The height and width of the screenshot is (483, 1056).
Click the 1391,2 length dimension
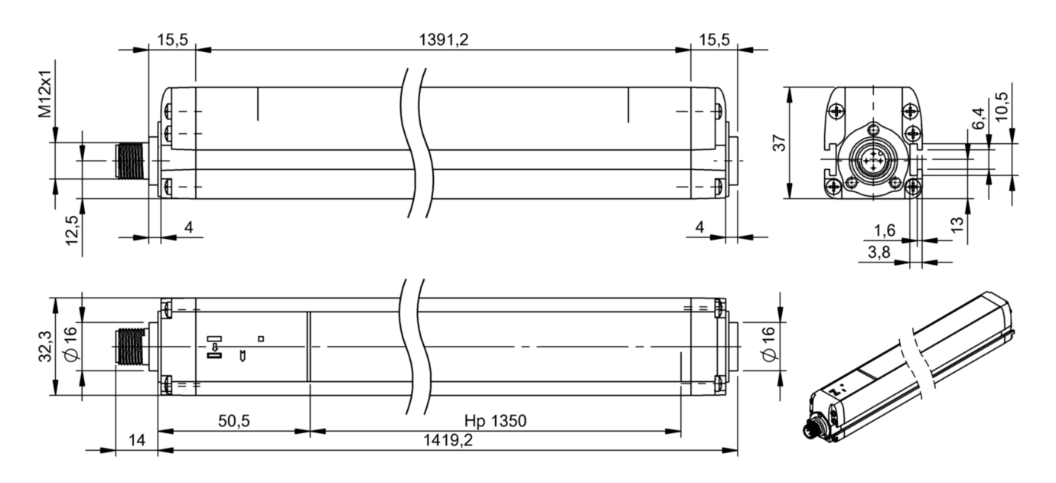pyautogui.click(x=444, y=40)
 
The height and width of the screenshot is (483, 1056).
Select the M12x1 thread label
pyautogui.click(x=45, y=94)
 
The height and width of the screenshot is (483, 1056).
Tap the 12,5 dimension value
pyautogui.click(x=72, y=230)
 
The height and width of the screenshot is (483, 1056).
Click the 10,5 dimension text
pyautogui.click(x=1002, y=106)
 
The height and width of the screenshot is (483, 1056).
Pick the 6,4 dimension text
pyautogui.click(x=978, y=119)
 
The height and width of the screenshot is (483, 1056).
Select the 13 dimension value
pyautogui.click(x=957, y=224)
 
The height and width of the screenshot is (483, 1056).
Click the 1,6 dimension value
pyautogui.click(x=885, y=230)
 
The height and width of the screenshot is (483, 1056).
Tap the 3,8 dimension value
pyautogui.click(x=879, y=253)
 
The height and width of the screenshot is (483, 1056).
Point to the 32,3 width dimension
pyautogui.click(x=45, y=346)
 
